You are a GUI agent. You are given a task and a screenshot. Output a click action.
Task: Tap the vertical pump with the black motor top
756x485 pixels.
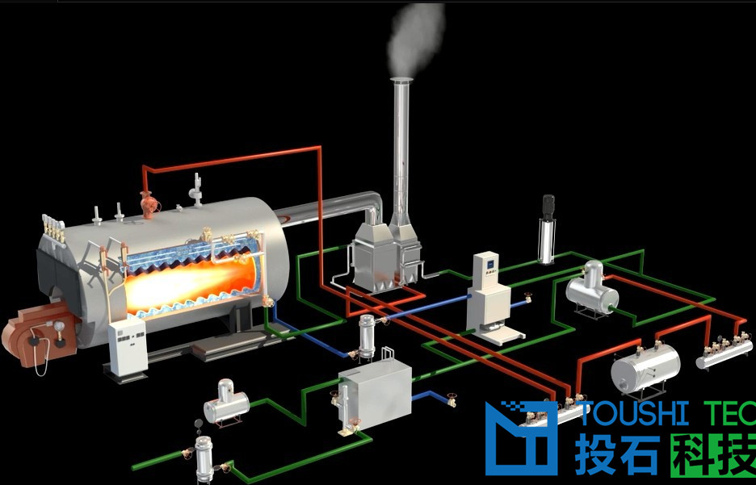pyautogui.click(x=548, y=229)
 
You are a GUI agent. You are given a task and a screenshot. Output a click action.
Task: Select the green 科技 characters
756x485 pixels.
pyautogui.click(x=712, y=456)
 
